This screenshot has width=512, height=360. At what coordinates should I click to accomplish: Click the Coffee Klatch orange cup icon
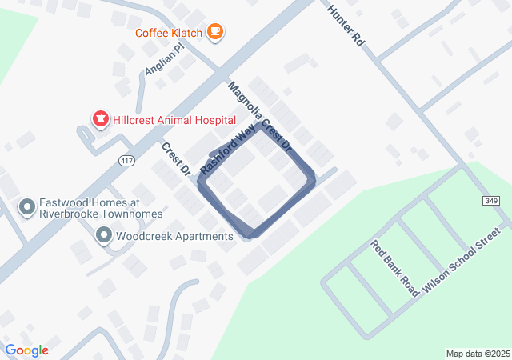214,31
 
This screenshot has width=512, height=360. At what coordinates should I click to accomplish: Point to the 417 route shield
127,162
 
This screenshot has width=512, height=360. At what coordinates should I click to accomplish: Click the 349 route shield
491,200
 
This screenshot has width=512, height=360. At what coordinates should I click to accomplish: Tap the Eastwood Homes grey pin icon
26,208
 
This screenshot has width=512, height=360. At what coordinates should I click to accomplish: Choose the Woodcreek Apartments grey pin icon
104,236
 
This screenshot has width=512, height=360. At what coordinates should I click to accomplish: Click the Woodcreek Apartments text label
174,236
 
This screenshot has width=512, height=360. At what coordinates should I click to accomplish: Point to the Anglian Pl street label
165,60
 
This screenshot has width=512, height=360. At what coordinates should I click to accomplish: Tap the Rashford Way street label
229,150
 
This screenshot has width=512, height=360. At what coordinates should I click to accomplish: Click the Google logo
26,350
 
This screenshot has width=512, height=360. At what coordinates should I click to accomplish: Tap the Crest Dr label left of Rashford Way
176,159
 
